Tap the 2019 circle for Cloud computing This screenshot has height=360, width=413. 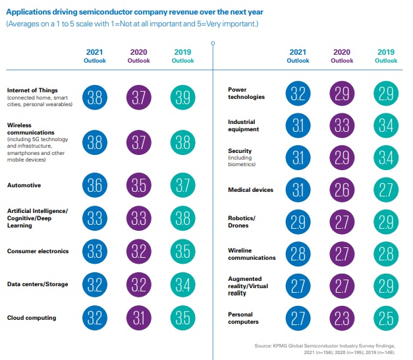point(182,318)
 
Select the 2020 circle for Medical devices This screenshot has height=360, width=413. point(342,190)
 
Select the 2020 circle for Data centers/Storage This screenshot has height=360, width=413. point(138,285)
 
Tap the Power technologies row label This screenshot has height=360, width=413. point(246,93)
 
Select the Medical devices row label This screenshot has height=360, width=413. point(250,190)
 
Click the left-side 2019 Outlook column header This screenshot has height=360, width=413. point(182,56)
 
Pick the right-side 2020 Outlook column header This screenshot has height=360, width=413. point(342,56)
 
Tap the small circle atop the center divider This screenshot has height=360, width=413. point(213,43)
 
